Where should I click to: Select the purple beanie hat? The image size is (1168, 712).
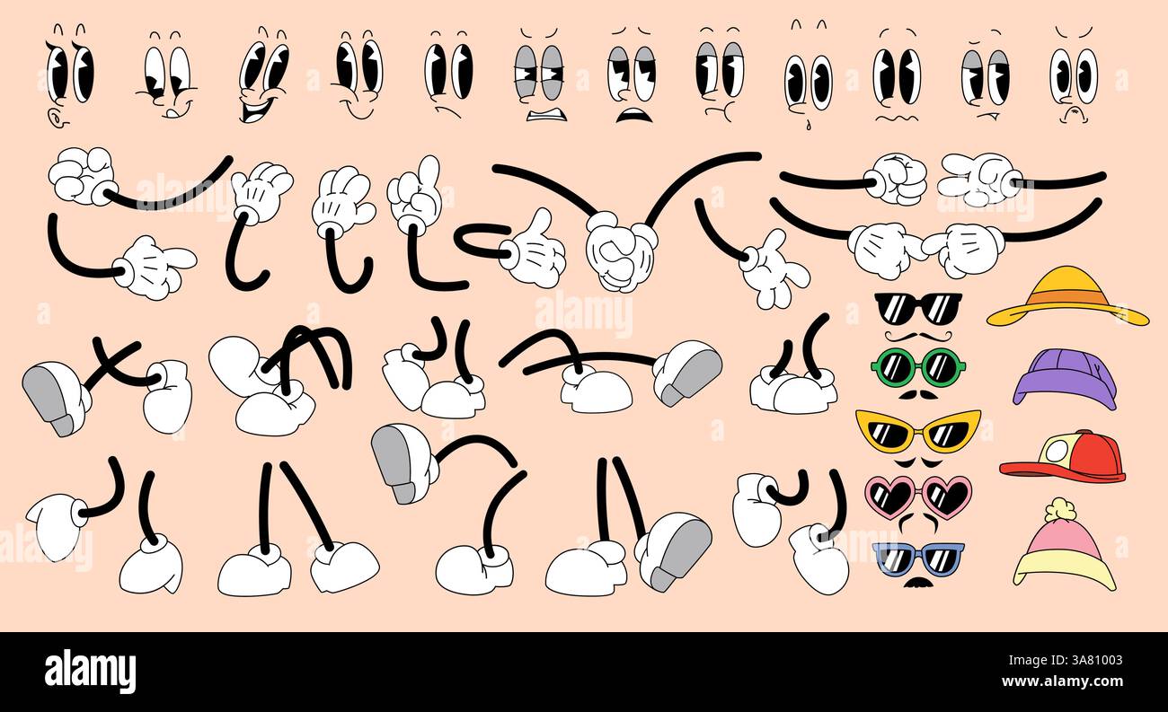point(1065,377)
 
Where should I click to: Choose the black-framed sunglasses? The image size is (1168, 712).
point(917,308)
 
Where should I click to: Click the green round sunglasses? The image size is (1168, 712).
point(918,365)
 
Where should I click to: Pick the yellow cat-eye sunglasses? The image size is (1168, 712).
point(917,431)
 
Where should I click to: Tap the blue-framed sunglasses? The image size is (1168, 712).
point(918,558)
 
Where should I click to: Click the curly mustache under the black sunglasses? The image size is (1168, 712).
point(917,336)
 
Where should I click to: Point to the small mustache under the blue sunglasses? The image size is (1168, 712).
point(917,585)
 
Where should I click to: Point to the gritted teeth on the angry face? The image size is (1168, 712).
point(546,114)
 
